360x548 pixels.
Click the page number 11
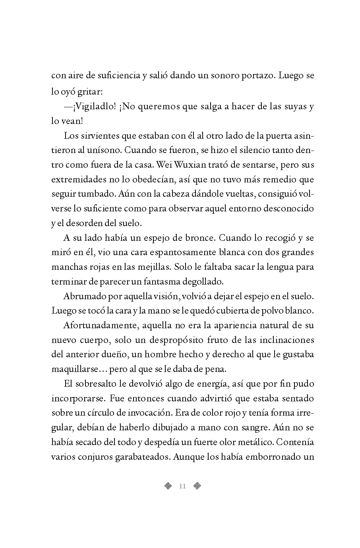click(183, 486)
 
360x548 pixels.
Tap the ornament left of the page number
click(168, 486)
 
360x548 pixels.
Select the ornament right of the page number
click(197, 486)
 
